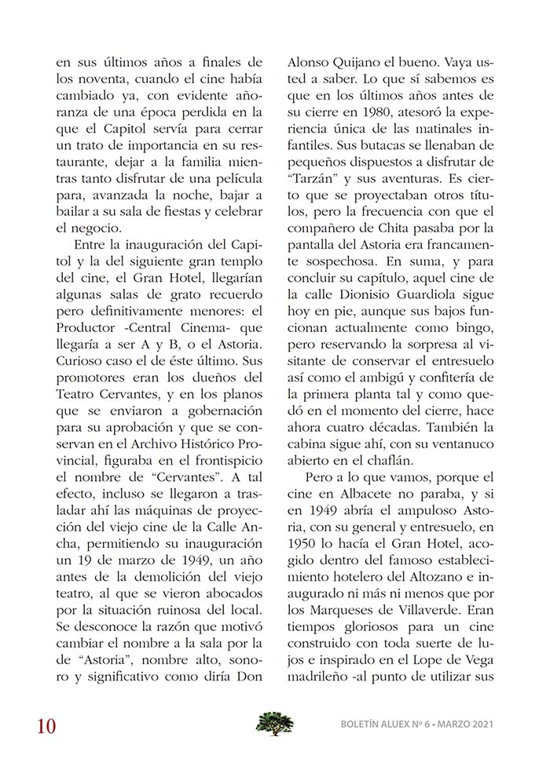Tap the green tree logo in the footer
click(275, 723)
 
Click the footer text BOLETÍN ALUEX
click(376, 724)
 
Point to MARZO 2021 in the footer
click(467, 724)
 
